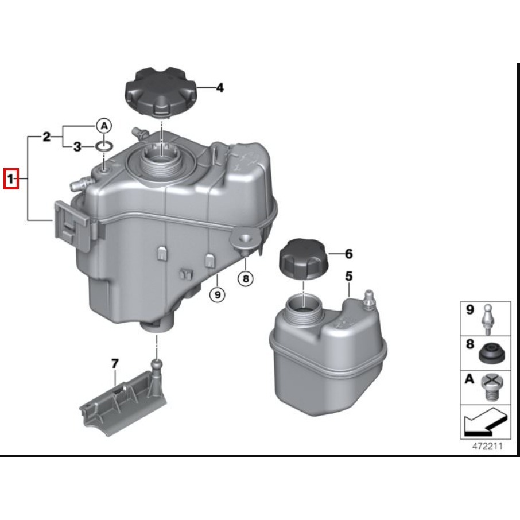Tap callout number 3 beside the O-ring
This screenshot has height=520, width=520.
coord(77,148)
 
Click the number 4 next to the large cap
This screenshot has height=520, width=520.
coord(219,88)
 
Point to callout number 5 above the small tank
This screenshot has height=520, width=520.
coord(348,276)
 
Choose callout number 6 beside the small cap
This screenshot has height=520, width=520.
coord(348,253)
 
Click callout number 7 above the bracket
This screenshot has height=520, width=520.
coord(114,363)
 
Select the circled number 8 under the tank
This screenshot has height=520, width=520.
coord(246,279)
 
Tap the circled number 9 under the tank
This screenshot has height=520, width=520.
coord(217,295)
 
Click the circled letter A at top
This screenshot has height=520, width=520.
coord(103,125)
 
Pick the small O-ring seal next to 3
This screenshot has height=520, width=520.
coord(103,148)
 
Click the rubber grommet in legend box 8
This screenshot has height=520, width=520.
coord(491,354)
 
